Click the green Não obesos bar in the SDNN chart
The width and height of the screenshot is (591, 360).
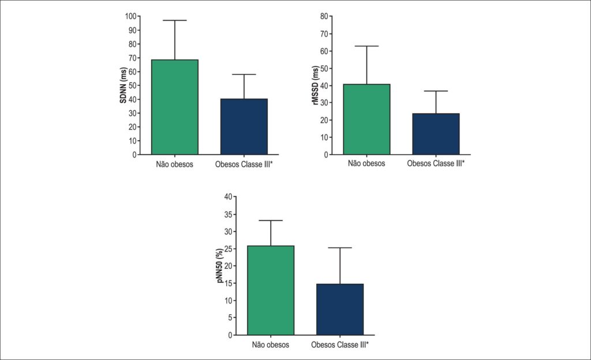click(x=175, y=107)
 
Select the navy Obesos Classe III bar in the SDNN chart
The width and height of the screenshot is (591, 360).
click(x=244, y=126)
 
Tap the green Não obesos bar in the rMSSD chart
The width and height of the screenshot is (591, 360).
click(x=366, y=119)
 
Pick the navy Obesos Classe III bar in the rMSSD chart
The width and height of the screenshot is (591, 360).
click(x=436, y=134)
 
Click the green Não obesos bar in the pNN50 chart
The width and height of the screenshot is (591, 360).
click(x=271, y=290)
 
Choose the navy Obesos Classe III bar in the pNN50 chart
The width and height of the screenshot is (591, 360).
click(x=340, y=310)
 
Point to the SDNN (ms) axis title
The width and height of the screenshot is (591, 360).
click(x=124, y=85)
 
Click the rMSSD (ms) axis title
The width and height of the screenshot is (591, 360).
click(x=316, y=85)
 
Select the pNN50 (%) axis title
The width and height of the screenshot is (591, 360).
click(x=220, y=265)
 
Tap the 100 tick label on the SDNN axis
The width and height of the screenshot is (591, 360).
click(x=131, y=16)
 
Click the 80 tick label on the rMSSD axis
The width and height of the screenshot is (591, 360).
click(x=324, y=16)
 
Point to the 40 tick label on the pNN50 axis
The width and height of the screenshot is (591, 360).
click(x=229, y=197)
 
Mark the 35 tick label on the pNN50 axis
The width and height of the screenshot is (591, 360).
click(x=229, y=214)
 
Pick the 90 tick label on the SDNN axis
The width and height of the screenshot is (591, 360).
click(x=132, y=30)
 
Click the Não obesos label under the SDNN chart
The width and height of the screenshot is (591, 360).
click(x=174, y=164)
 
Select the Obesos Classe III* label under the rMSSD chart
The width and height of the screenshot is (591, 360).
click(x=436, y=163)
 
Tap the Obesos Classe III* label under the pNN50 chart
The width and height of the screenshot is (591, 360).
click(x=340, y=344)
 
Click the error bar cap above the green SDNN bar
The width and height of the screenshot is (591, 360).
click(x=175, y=20)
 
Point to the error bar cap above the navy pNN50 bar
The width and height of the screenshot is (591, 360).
click(x=340, y=247)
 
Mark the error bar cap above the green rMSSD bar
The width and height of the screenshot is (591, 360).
click(x=366, y=46)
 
